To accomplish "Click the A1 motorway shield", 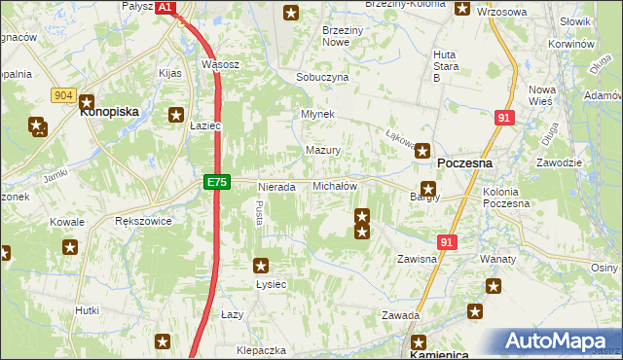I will click(165, 7).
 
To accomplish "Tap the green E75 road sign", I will click(217, 182).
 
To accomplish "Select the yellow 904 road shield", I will click(64, 94).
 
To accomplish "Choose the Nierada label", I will click(275, 186).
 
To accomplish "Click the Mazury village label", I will click(322, 151).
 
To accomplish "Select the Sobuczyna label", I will click(321, 77).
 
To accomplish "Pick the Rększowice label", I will click(143, 221).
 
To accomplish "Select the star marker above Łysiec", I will click(261, 264).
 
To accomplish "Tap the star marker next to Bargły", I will click(427, 188).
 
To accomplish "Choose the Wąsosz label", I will click(220, 64).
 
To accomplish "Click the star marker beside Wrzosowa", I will click(461, 9).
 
